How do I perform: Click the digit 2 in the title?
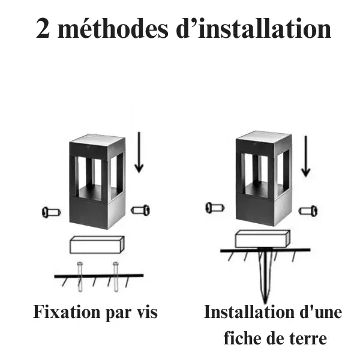(43, 28)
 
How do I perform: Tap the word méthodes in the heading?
(113, 28)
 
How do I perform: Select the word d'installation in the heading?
(254, 28)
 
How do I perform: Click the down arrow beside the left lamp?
(139, 152)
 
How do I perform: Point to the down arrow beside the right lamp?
(305, 156)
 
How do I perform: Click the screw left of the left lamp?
(52, 212)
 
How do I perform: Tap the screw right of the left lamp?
(140, 210)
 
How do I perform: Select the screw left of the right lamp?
(215, 208)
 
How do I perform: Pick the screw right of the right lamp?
(308, 211)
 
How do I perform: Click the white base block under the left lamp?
(97, 245)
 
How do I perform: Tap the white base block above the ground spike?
(262, 239)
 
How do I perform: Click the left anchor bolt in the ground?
(80, 277)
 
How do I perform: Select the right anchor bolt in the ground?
(116, 277)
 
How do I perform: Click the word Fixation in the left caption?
(67, 312)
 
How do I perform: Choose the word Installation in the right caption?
(249, 312)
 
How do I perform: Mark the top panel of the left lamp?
(98, 140)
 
